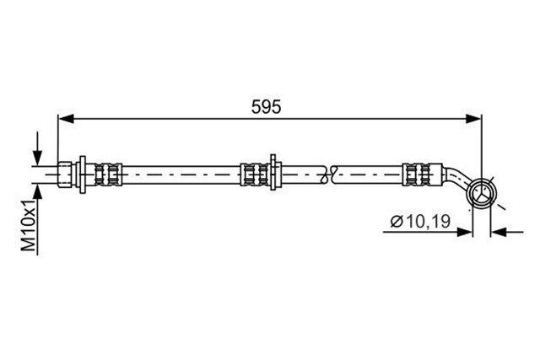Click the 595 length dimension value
266,107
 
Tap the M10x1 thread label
30,225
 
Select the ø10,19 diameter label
420,222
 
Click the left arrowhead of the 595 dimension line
66,119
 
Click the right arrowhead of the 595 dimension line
473,119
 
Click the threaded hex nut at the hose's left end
65,175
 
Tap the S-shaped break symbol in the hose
328,175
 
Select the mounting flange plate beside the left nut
83,175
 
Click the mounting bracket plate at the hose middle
273,172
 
